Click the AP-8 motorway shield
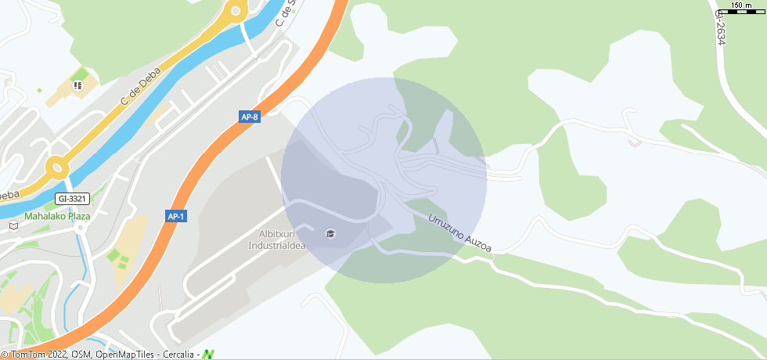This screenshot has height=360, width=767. pos(250,117)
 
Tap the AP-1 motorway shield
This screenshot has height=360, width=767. pos(176,216)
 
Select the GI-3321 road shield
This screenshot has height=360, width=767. pos(73,199)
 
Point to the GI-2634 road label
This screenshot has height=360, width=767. pos(721,27)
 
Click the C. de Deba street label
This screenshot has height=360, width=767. pos(141,86)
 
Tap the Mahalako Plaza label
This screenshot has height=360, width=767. pos(57,216)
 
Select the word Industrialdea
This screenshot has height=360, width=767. pos(276,244)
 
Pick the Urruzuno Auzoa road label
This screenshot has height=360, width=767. pos(459,233)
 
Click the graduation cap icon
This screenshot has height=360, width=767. pos(330,233)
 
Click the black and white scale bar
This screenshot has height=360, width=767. pos(740,12)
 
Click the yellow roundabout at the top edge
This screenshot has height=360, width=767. pos(234,10)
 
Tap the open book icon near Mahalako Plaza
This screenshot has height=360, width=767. pos(13,226)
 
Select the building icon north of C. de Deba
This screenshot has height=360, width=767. pos(77,85)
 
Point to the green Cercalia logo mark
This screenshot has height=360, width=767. pos(208,354)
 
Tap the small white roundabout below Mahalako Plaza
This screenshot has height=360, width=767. pos(81,227)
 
